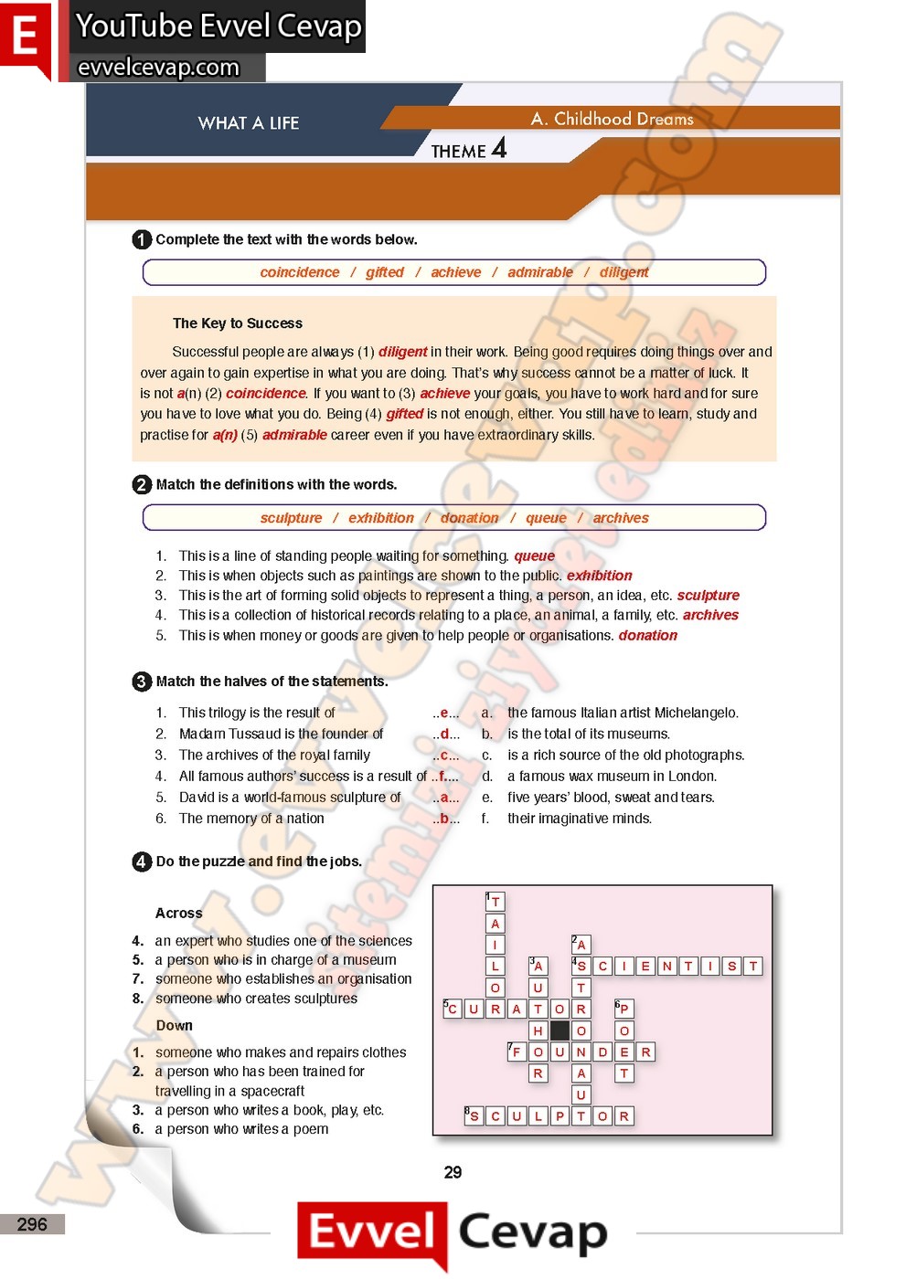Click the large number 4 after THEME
coord(498,148)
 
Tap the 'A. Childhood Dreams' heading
coord(612,119)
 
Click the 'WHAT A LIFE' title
coord(248,123)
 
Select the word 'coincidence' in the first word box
coord(299,272)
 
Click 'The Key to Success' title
coord(237,323)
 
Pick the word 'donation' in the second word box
coord(469,518)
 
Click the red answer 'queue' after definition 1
coord(534,555)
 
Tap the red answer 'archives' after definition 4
coord(710,615)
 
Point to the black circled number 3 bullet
coord(142,682)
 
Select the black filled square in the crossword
coord(560,1031)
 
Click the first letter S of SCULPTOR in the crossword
coord(474,1115)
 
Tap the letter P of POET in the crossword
coord(624,1009)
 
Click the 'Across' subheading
coord(178,913)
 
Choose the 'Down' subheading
coord(174,1025)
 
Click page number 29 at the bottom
coord(453,1172)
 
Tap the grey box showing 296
coord(32,1224)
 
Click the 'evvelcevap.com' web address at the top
coord(158,68)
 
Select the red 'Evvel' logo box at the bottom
coord(371,1232)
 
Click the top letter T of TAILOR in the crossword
coord(495,902)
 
